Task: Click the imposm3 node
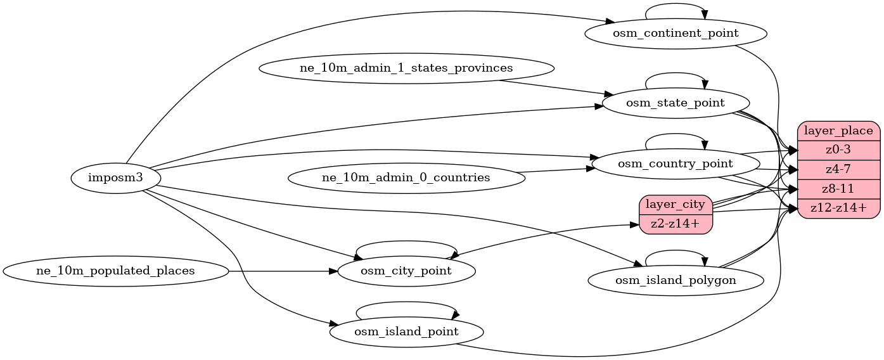116,178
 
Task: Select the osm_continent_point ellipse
676,33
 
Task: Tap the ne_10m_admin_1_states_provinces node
406,68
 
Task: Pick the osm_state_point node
676,103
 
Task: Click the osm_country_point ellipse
676,164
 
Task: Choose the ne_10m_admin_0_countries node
406,178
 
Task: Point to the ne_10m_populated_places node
116,271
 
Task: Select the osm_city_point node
406,271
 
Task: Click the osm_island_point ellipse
406,331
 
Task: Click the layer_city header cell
676,205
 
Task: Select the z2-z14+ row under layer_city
676,224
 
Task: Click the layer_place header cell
839,131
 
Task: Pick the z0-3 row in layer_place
839,150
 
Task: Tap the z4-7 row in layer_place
839,169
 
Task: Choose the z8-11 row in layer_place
839,188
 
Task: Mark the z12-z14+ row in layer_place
839,208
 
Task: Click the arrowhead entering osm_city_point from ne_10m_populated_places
333,271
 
